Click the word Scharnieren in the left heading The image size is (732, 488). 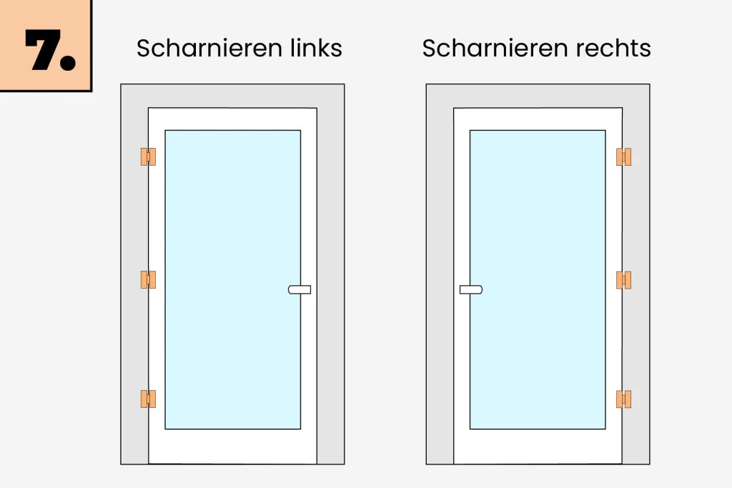209,48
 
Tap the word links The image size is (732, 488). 316,48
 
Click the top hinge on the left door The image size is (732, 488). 148,156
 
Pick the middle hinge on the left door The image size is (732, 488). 148,279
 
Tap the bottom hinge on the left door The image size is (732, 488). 148,399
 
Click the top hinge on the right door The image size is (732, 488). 623,156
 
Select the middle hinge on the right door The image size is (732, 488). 623,280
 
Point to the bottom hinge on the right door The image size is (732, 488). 623,399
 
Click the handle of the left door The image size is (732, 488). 300,289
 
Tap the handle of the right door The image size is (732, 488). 471,289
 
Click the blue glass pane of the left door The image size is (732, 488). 233,279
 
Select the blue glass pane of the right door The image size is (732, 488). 538,279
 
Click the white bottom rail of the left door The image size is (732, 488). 233,446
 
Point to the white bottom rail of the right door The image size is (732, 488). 538,446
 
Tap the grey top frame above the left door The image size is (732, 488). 232,96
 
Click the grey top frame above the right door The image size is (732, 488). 538,96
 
